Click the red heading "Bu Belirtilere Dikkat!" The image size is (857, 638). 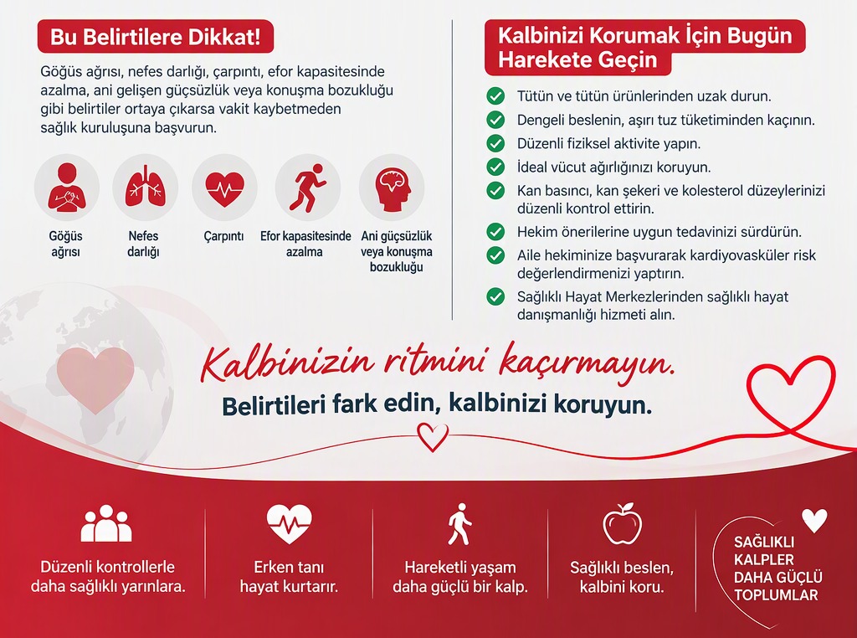click(x=155, y=37)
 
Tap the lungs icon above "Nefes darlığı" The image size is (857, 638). click(x=146, y=186)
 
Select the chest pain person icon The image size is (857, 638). click(x=66, y=187)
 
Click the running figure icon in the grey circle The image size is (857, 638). click(x=307, y=188)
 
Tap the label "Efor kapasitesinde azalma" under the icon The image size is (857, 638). click(x=305, y=244)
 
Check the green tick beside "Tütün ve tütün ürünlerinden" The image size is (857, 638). click(x=495, y=96)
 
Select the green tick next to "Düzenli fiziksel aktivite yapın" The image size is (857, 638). click(x=495, y=143)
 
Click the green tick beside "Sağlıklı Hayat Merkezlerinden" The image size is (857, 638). click(x=495, y=297)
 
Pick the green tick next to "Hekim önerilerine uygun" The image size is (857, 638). click(x=495, y=232)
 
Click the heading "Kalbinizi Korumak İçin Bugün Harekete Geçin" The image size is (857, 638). click(x=645, y=48)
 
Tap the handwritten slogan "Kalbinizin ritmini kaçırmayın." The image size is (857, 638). click(x=437, y=363)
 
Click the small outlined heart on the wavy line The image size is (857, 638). click(x=433, y=437)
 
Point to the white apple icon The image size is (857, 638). click(x=622, y=524)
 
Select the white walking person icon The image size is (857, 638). click(x=459, y=524)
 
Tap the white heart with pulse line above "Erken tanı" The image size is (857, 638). click(x=289, y=524)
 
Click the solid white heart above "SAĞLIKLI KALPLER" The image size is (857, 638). click(x=814, y=521)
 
